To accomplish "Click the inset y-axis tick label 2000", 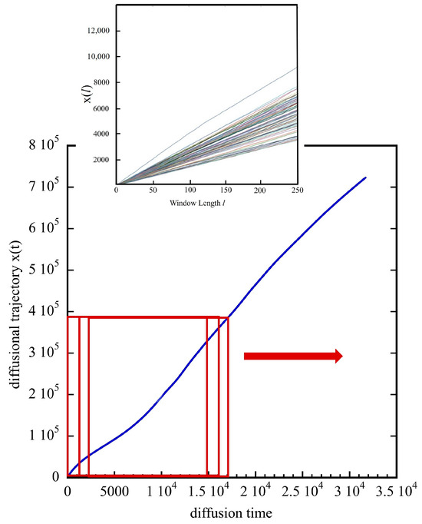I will [101, 160].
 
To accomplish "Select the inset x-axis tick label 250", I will [297, 190].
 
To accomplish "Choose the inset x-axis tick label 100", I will [188, 190].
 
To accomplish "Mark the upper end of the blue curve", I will [365, 177].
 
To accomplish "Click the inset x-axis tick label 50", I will [152, 190].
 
